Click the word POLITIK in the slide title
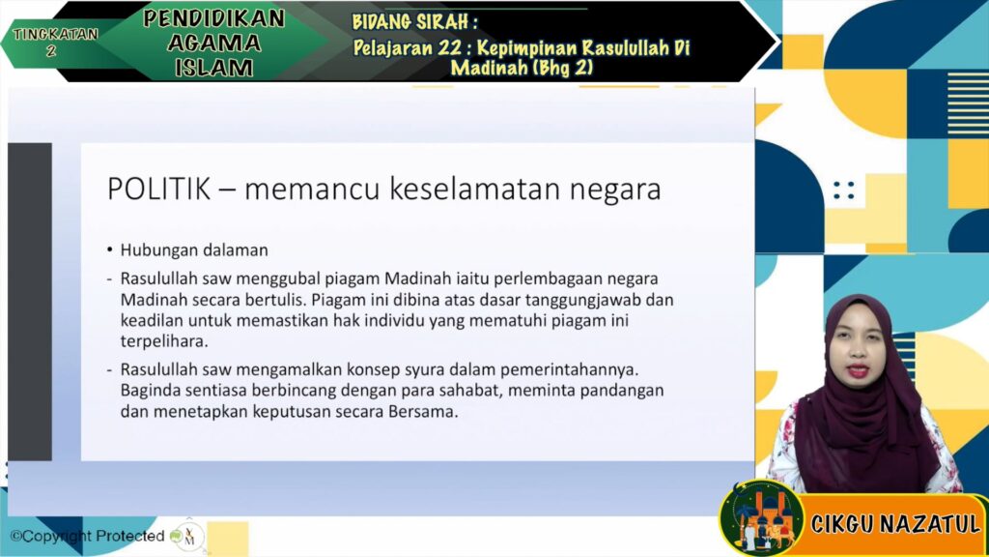click(159, 189)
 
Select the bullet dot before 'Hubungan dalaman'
click(110, 250)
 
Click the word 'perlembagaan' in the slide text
click(550, 278)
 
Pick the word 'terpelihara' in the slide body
click(164, 341)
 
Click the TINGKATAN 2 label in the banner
click(55, 41)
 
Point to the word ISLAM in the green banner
click(213, 68)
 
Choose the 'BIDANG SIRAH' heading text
click(414, 22)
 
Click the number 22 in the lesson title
click(452, 48)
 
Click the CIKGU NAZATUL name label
click(895, 523)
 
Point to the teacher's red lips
click(858, 370)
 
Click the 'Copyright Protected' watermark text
click(87, 536)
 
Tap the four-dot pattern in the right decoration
click(844, 191)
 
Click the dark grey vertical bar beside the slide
click(30, 302)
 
